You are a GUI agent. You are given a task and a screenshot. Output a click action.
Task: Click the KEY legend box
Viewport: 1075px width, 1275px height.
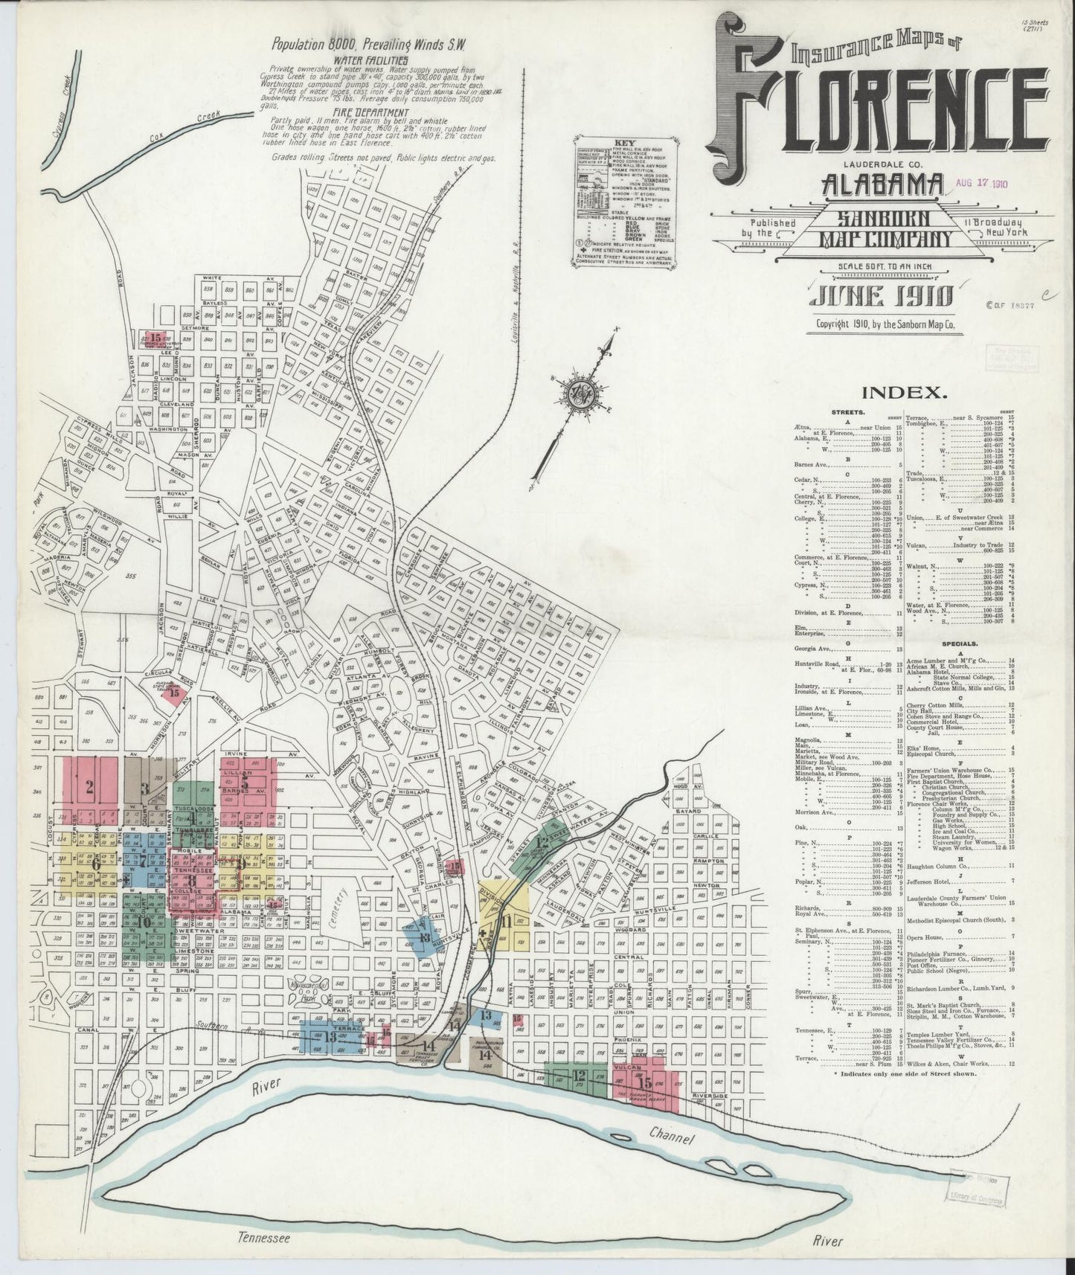[614, 202]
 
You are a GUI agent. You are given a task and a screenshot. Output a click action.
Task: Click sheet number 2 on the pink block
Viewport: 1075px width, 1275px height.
[89, 789]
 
